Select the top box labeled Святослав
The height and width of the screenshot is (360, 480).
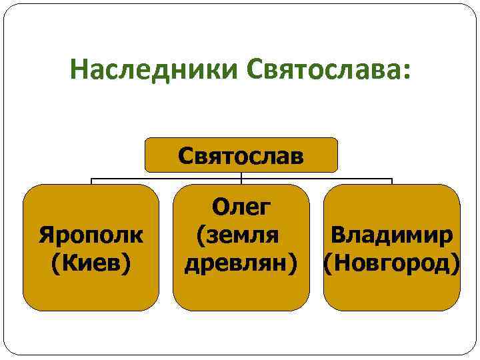click(241, 155)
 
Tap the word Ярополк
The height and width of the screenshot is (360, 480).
click(91, 235)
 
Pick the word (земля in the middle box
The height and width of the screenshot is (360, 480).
click(237, 235)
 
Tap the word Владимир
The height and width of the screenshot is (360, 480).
click(393, 235)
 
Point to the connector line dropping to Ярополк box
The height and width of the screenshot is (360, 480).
click(91, 181)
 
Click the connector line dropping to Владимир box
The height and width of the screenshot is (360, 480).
click(391, 181)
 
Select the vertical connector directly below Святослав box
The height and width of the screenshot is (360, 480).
click(241, 177)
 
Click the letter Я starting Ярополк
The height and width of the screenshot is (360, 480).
click(46, 235)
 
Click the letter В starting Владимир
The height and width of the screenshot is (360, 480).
click(337, 235)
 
